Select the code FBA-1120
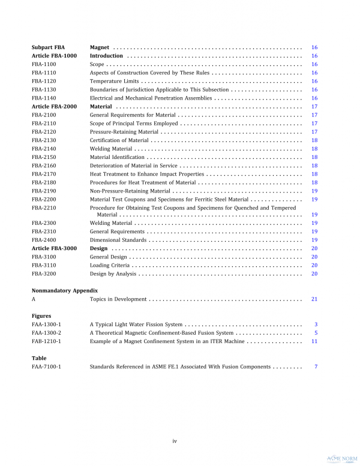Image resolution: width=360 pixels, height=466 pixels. pyautogui.click(x=44, y=81)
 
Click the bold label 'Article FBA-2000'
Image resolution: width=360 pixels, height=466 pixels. pyautogui.click(x=54, y=106)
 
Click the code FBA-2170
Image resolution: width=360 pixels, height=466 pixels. pyautogui.click(x=44, y=174)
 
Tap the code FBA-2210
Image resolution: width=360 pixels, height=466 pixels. pyautogui.click(x=44, y=208)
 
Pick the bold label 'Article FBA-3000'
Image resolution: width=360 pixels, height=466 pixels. pyautogui.click(x=54, y=248)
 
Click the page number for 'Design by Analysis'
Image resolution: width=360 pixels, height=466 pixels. pyautogui.click(x=314, y=273)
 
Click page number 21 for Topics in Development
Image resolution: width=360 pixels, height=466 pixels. pyautogui.click(x=314, y=299)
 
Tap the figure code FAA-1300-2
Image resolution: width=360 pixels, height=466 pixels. pyautogui.click(x=46, y=332)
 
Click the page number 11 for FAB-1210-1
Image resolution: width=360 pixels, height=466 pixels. pyautogui.click(x=314, y=341)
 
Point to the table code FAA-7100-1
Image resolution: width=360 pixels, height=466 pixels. pyautogui.click(x=46, y=366)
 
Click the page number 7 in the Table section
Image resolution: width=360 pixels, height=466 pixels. pyautogui.click(x=316, y=366)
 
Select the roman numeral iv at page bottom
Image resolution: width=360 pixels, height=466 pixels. pyautogui.click(x=175, y=441)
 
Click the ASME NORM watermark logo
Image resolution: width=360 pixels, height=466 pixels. pyautogui.click(x=341, y=458)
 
